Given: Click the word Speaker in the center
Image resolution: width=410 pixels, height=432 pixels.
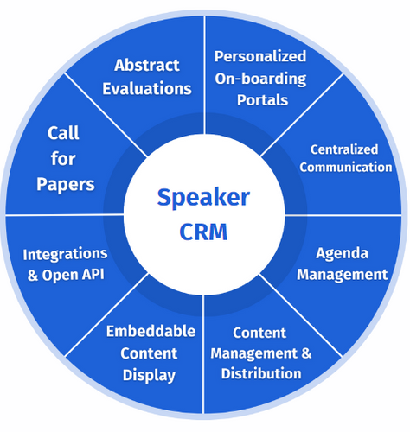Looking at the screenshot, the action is coord(203,198).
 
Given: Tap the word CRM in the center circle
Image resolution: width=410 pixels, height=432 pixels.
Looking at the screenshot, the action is coord(203,232).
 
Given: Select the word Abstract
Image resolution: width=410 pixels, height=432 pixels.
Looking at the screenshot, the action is coord(147,65).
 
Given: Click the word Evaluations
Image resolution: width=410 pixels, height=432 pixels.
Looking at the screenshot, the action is coord(147,88).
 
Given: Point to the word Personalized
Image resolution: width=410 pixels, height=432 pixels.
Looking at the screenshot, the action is coord(260,56).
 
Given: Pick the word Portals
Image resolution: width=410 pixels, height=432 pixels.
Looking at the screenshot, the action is coord(262,100).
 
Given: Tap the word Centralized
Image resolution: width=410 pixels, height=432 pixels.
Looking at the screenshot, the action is coord(344,149).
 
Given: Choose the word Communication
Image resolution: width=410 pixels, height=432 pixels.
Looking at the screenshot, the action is coord(346,168).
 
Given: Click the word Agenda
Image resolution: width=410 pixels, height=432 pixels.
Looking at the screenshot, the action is coord(342,254).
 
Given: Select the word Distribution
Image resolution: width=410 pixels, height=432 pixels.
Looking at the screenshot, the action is coord(261,373).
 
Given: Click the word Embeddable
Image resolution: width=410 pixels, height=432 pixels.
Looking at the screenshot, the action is coord(151,331).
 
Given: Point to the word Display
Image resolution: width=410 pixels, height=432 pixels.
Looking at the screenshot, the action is coord(149,376).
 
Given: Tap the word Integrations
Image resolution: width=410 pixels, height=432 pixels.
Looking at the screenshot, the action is coord(65,254).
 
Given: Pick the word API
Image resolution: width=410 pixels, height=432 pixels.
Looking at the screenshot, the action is coord(93,275).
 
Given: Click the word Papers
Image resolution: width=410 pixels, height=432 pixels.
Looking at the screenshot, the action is coord(66,184).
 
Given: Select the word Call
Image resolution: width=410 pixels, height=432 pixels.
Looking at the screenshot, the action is coord(63,133).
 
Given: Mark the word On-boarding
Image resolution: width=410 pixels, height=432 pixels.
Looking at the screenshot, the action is coord(260,79).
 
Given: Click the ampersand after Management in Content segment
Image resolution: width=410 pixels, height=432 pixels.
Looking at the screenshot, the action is coord(306,353).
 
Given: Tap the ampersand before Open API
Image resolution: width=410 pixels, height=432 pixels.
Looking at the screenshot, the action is coord(33,275).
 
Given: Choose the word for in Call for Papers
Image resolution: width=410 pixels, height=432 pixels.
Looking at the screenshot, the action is coord(63,158).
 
